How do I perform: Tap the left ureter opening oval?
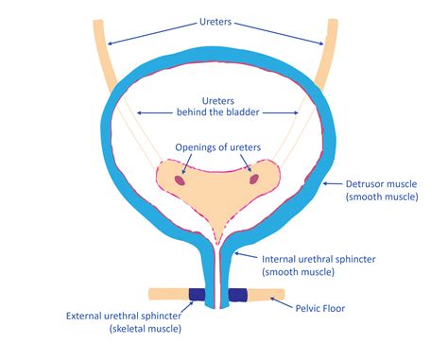pyautogui.click(x=181, y=174)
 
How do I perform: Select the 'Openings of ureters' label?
pyautogui.click(x=218, y=147)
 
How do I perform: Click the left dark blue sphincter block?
pyautogui.click(x=199, y=296)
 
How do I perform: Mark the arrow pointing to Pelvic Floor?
pyautogui.click(x=283, y=300)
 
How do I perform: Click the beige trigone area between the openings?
pyautogui.click(x=218, y=184)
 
